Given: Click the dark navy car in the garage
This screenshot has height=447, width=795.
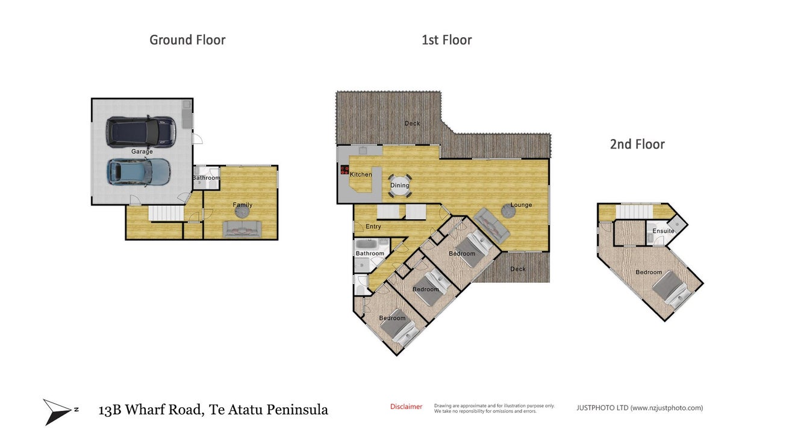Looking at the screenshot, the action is tap(140, 132).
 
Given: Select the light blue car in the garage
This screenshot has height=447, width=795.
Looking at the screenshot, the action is tap(139, 172).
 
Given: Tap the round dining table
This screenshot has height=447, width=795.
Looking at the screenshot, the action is tap(400, 185).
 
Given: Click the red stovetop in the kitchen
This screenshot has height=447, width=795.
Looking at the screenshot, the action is tap(344, 170).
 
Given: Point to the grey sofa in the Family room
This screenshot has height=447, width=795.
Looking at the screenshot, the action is tap(242, 229).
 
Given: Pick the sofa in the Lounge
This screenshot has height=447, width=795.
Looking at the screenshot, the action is tap(491, 226).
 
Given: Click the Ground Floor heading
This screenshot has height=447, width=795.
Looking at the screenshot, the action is tap(187, 40).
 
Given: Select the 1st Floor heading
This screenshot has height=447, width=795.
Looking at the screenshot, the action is tap(446, 40).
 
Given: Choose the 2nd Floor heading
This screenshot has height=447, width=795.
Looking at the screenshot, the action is tap(637, 144).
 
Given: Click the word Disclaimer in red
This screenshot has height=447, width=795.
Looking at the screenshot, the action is tap(406, 407).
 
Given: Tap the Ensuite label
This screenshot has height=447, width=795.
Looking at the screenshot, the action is tap(663, 231).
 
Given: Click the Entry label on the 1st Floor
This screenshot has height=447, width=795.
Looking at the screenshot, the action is tap(373, 227).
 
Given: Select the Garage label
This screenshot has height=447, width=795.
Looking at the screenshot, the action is tap(142, 152).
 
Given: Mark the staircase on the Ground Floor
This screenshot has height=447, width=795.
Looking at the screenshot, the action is tap(166, 214).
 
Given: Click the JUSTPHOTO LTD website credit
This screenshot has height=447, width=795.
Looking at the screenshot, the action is tap(640, 408).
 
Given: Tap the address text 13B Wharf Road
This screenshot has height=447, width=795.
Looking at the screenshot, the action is tap(150, 410).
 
